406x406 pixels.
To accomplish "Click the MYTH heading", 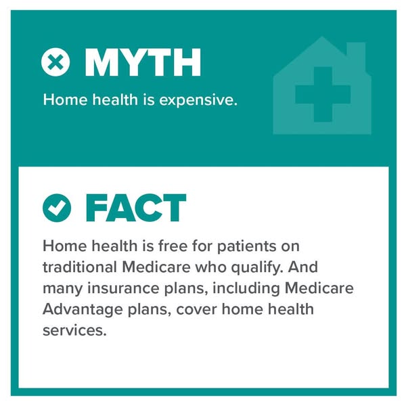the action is pos(143,62).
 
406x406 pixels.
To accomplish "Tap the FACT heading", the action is pos(136,208).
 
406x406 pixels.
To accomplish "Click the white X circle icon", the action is pos(55,62).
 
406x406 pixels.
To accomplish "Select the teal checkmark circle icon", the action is pos(57,208).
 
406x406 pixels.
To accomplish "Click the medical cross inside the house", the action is pos(323,94).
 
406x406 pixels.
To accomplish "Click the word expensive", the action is pos(198,100).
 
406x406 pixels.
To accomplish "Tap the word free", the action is pos(173,246).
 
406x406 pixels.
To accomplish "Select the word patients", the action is pos(247,246).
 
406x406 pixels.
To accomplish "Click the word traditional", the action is pos(80,267).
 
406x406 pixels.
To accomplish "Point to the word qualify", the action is pos(257,267).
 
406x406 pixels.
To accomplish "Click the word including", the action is pos(246,288).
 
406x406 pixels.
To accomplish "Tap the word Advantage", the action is pos(83,310).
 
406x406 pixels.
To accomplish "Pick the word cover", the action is pos(196,310).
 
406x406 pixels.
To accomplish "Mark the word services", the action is pos(74,331).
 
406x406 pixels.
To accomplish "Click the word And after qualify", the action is pos(303,267).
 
